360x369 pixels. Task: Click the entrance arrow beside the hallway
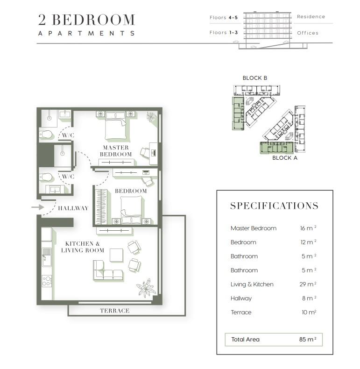tap(38, 207)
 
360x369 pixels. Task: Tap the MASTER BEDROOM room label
tap(116, 151)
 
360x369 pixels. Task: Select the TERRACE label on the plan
tap(115, 311)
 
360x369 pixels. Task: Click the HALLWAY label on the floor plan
tap(73, 208)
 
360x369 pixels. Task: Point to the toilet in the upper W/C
tap(46, 135)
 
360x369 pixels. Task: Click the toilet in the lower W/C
tap(46, 177)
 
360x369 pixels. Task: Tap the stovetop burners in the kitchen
tap(47, 281)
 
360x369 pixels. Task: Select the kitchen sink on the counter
tap(47, 257)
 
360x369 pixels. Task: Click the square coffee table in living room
tap(116, 255)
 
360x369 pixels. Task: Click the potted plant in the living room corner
tap(146, 288)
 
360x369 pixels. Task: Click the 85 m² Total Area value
tap(308, 340)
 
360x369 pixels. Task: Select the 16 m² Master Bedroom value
tap(308, 228)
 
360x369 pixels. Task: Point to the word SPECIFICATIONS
tap(274, 206)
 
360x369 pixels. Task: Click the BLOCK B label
tap(255, 78)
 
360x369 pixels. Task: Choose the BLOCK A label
tap(285, 158)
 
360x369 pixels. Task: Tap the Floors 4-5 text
tap(224, 18)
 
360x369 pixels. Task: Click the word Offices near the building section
tap(308, 33)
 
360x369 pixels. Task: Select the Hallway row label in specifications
tap(241, 298)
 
